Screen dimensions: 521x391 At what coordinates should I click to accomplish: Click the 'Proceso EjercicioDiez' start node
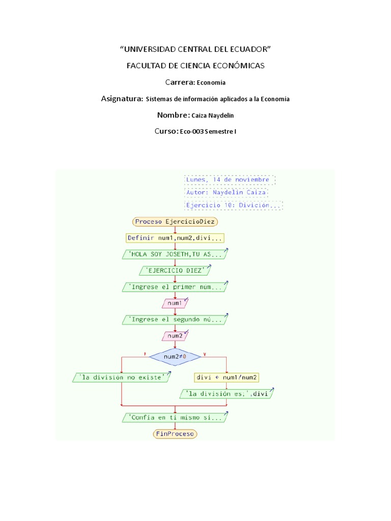pos(175,221)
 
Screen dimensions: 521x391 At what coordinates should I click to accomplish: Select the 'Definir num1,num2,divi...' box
pos(175,238)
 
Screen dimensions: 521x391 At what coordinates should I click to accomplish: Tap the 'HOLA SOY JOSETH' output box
pos(175,254)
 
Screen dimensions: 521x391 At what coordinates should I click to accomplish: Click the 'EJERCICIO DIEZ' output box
pos(175,270)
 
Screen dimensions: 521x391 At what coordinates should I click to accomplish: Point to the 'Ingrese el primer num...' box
pos(175,287)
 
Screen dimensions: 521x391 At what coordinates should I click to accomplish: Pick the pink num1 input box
pos(175,303)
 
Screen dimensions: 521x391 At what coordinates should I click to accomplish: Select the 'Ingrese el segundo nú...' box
pos(175,320)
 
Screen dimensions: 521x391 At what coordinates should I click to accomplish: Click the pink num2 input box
pos(175,336)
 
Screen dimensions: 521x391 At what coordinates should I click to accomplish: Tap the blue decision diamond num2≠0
pos(175,357)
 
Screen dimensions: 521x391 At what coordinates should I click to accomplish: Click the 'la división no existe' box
pos(121,378)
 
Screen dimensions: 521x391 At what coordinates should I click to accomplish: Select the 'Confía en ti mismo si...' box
pos(175,417)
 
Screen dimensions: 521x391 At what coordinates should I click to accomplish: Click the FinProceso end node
pos(175,434)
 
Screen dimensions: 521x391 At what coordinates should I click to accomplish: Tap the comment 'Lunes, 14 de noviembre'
pos(230,180)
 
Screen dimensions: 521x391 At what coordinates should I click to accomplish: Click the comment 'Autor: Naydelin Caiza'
pos(226,193)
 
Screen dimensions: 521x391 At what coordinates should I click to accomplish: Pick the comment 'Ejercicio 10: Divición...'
pos(233,206)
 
